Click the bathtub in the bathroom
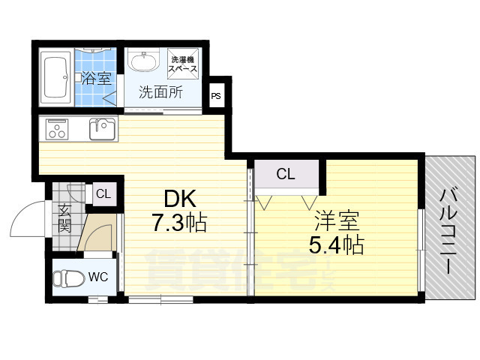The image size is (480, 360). click(55, 77)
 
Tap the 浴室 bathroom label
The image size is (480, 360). click(94, 77)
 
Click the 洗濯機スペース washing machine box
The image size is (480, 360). click(184, 64)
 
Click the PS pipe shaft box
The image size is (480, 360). click(216, 96)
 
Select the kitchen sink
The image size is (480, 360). click(102, 129)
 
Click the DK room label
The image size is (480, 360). click(180, 199)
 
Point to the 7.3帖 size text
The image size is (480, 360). click(180, 223)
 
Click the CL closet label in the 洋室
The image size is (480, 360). click(286, 175)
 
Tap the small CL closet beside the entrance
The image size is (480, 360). click(103, 194)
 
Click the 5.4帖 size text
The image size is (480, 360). click(337, 244)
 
